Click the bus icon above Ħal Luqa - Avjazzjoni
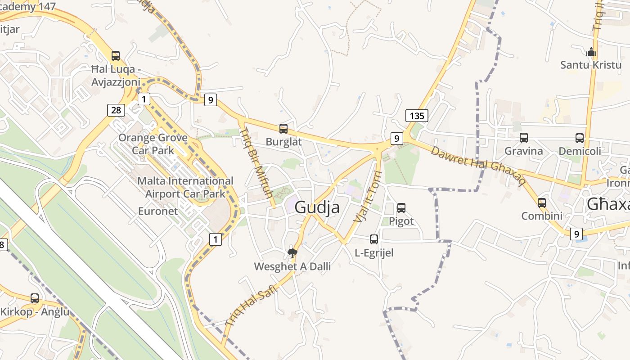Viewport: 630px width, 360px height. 116,56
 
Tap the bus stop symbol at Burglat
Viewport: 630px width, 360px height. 283,129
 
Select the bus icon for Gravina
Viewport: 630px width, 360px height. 524,138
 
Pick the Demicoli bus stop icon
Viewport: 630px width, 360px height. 580,138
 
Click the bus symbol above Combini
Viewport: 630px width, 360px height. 542,203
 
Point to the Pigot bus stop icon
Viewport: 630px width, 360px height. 401,208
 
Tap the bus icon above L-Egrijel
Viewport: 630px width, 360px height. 374,239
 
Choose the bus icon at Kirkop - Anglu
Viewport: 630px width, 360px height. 35,298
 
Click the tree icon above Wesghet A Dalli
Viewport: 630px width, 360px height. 292,253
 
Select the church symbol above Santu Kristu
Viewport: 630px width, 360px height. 591,52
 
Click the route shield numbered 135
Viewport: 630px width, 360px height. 417,116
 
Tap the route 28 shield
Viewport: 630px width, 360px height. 115,110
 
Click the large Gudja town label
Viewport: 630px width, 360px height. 317,207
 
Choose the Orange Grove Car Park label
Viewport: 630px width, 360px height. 153,144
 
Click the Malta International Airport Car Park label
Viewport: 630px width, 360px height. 185,187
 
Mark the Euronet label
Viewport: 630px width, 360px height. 158,211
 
